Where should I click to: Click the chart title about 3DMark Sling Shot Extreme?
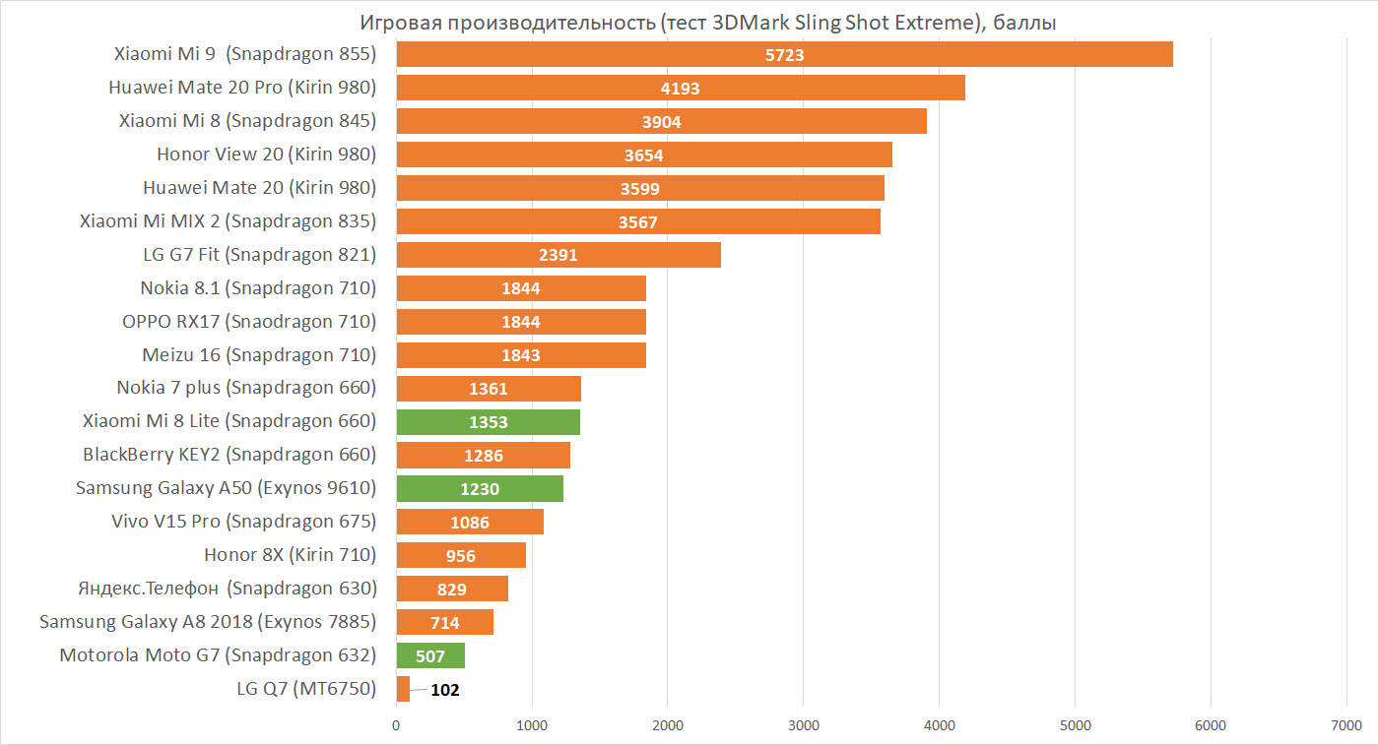pyautogui.click(x=707, y=22)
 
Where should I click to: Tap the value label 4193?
pyautogui.click(x=680, y=89)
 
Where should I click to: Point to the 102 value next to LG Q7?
pyautogui.click(x=445, y=690)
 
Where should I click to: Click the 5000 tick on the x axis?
pyautogui.click(x=1075, y=726)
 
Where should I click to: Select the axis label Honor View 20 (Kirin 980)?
pyautogui.click(x=266, y=155)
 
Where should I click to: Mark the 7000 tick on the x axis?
pyautogui.click(x=1345, y=726)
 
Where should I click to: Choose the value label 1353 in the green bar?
pyautogui.click(x=489, y=422)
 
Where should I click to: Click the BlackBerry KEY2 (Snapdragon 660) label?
pyautogui.click(x=230, y=456)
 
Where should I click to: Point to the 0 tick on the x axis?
pyautogui.click(x=396, y=726)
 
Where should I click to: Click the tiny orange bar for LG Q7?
pyautogui.click(x=403, y=689)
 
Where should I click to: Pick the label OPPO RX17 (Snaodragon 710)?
pyautogui.click(x=248, y=322)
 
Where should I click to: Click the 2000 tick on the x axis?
pyautogui.click(x=667, y=726)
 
